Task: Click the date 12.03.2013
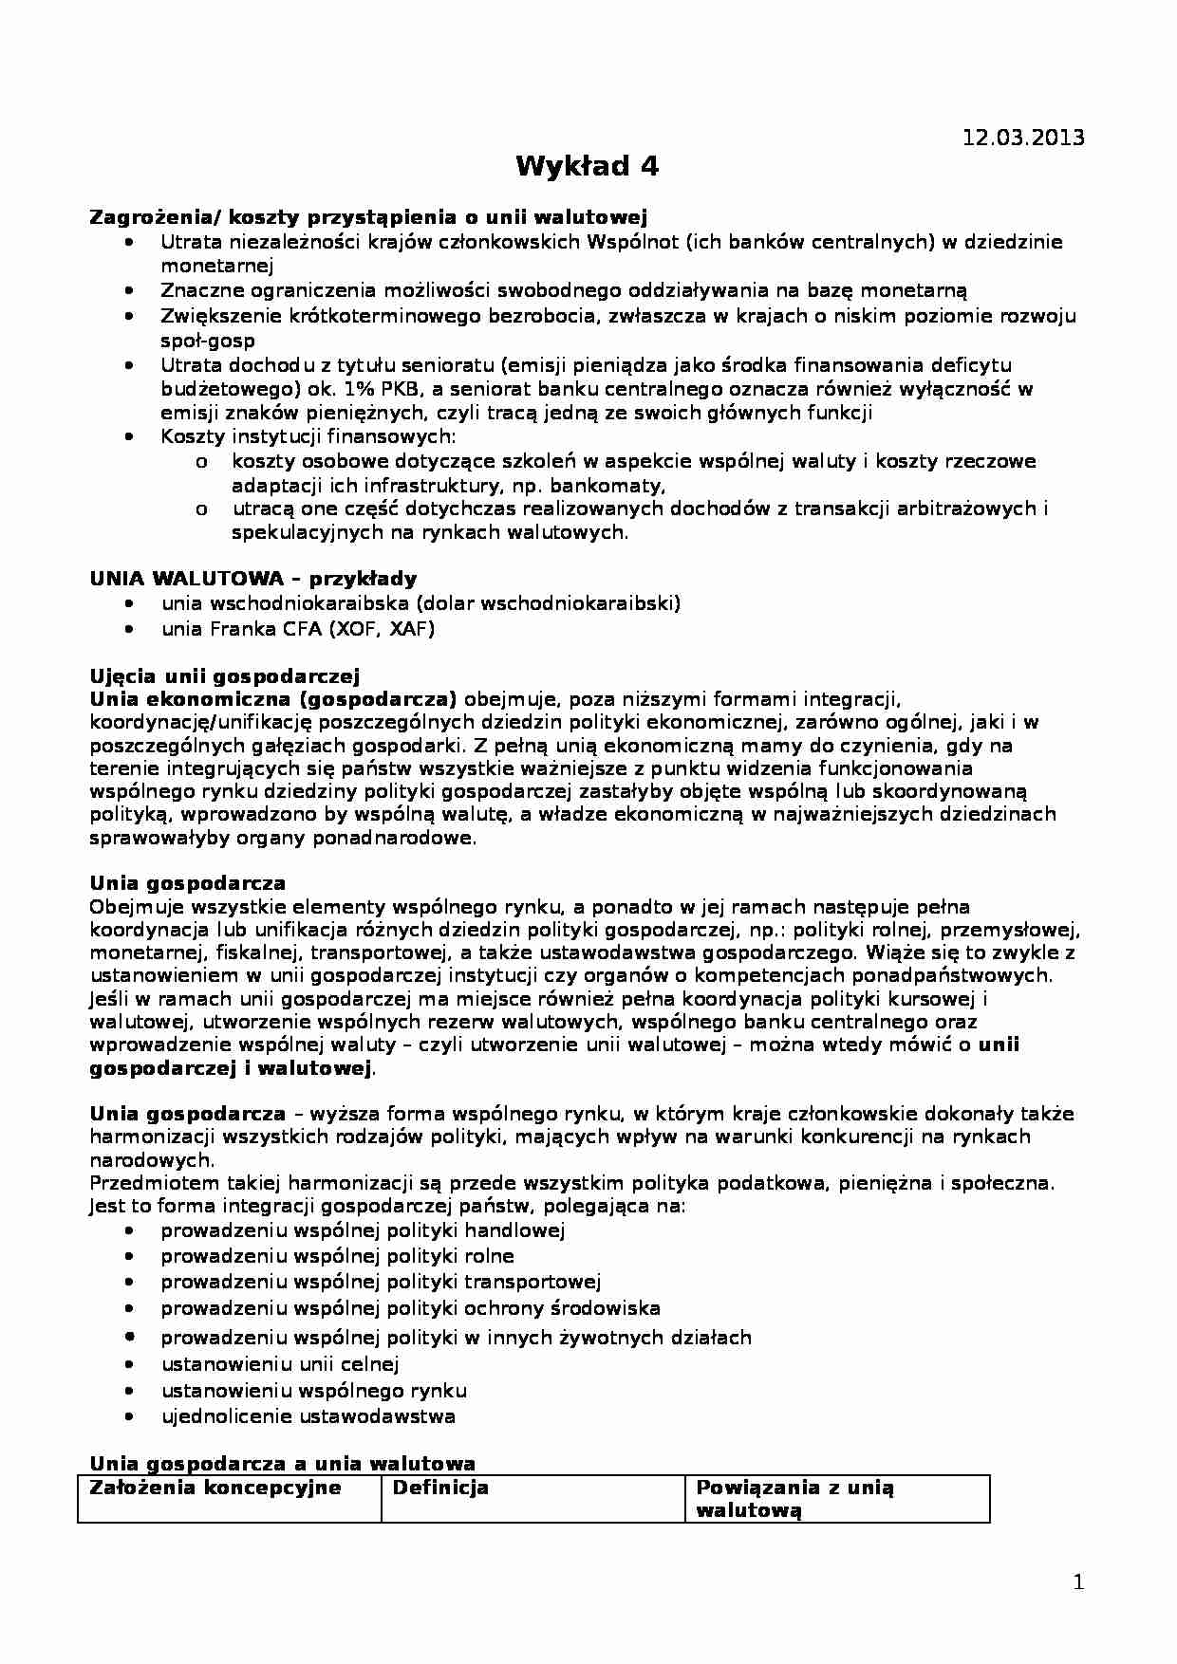(x=1023, y=138)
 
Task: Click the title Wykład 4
(x=587, y=167)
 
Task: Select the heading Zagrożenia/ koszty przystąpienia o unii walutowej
(x=368, y=217)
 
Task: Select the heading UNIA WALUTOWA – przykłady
(x=252, y=579)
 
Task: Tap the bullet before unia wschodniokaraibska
(x=129, y=604)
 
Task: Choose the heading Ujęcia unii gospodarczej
(x=224, y=676)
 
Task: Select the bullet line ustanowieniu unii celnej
(x=280, y=1364)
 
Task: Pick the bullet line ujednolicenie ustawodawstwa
(x=308, y=1416)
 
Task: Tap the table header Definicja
(x=440, y=1488)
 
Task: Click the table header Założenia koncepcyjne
(x=215, y=1488)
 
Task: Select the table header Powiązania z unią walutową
(x=794, y=1499)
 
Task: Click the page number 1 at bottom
(x=1077, y=1582)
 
